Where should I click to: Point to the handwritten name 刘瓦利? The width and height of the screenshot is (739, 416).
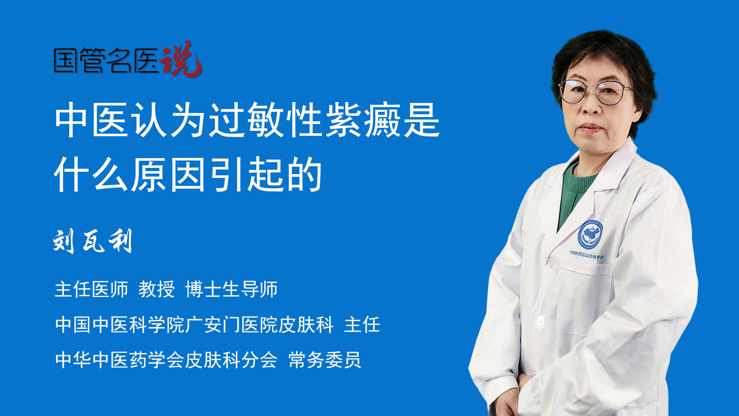coord(93,241)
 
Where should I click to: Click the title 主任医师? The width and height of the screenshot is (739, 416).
coord(91,289)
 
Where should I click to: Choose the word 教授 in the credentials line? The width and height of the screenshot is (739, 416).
coord(156,289)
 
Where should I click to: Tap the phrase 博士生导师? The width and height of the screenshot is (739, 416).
coord(231,289)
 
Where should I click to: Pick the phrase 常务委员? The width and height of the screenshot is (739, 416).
coord(324,360)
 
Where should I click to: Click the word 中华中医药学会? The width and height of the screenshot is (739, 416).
coord(120,360)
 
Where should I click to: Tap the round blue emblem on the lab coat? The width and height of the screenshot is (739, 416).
coord(590,234)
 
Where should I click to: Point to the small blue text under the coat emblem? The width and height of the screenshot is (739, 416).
coord(587,254)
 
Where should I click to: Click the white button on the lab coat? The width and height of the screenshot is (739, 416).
coord(541,320)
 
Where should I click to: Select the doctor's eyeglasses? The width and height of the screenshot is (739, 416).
coord(595,92)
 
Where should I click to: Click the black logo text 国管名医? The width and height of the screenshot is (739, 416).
coord(106,60)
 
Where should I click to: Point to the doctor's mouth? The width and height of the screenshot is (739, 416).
coord(590,127)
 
